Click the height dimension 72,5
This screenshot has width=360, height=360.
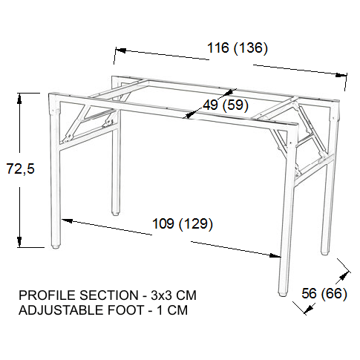21,168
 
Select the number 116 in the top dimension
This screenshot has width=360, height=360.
218,48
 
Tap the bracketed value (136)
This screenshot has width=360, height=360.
251,48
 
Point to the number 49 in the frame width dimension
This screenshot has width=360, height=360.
211,105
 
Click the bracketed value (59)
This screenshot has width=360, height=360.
235,105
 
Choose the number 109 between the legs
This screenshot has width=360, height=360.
163,223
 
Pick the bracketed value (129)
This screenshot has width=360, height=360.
196,224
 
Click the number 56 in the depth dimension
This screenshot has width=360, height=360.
309,293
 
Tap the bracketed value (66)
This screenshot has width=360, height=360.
334,294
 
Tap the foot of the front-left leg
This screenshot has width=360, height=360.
56,246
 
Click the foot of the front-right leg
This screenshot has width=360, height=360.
282,294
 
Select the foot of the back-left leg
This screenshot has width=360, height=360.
115,213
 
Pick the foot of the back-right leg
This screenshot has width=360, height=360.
324,252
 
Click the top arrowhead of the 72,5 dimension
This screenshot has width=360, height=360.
19,98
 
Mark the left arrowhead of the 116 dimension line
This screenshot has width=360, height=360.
121,50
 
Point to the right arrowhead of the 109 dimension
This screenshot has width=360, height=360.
275,255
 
